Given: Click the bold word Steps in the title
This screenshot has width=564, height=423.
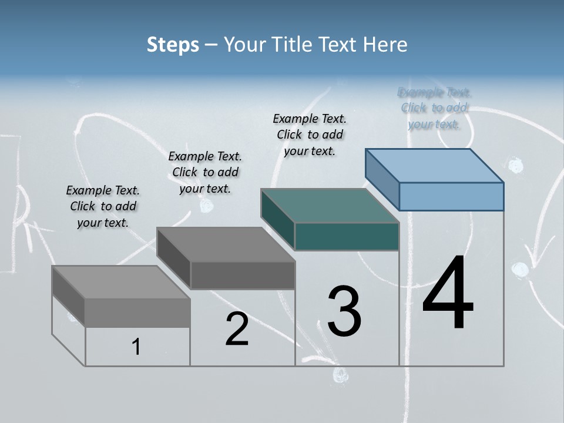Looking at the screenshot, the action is click(x=173, y=45).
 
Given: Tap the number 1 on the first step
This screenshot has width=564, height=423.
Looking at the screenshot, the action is click(x=136, y=347).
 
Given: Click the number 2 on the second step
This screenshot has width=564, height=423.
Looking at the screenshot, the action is click(x=237, y=329).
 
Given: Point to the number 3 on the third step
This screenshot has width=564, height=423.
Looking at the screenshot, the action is click(x=344, y=311).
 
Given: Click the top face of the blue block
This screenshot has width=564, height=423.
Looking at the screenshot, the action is click(x=435, y=165).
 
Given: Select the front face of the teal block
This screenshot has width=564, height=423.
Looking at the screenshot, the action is click(x=347, y=236).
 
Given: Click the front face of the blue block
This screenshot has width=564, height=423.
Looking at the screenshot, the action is click(x=451, y=196).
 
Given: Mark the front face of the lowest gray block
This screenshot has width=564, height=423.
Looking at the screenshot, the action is click(x=137, y=313).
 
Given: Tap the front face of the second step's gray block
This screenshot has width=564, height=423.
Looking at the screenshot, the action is click(x=242, y=275).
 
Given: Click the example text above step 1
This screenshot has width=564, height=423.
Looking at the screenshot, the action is click(x=103, y=206).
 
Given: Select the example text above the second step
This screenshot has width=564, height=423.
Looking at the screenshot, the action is click(x=205, y=172).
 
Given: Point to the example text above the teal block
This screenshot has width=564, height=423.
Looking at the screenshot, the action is click(x=310, y=135).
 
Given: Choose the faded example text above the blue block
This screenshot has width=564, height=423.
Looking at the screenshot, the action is click(x=435, y=108).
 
